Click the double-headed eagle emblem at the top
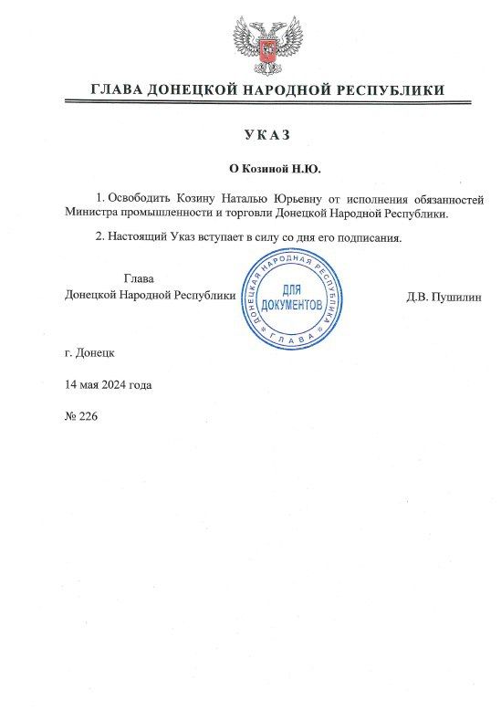[267, 43]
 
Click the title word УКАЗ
[266, 135]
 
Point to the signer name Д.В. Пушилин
[443, 296]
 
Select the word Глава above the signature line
[139, 278]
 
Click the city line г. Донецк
[90, 351]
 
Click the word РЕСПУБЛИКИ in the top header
[392, 90]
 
